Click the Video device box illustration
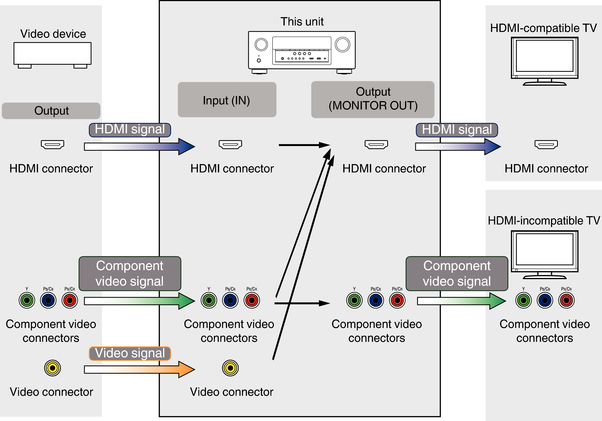tap(52, 55)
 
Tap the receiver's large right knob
tap(342, 44)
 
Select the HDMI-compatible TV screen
tap(545, 56)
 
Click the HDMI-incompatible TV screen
tap(545, 249)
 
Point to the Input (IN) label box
tap(227, 100)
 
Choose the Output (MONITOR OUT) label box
tap(373, 100)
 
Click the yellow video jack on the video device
tap(52, 368)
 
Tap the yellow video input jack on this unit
tap(230, 368)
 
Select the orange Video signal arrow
tap(139, 369)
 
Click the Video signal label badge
tap(130, 353)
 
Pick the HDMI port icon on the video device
tap(52, 144)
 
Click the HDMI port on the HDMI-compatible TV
tap(546, 144)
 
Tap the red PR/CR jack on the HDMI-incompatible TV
tap(566, 300)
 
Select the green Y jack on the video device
tap(27, 300)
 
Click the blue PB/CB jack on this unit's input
tap(230, 300)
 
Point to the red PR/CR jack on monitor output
tap(397, 300)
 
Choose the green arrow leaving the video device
tap(139, 301)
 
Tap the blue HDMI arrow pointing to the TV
tap(458, 147)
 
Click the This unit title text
tap(302, 22)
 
